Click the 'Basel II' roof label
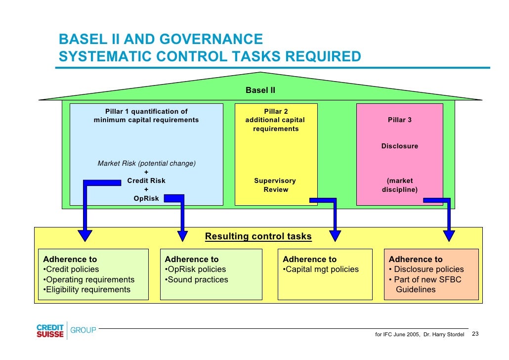coord(260,90)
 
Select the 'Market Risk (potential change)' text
coord(146,164)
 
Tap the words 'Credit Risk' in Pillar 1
coord(146,181)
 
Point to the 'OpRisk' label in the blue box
coord(146,199)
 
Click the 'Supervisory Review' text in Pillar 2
coord(275,185)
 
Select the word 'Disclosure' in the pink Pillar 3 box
coord(399,146)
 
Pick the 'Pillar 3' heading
coord(399,120)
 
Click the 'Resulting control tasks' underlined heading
coord(258,236)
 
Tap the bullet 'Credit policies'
coord(72,270)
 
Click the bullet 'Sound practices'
coord(197,280)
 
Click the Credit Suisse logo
coord(50,331)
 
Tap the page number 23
coord(475,334)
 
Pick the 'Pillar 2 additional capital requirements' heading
coord(275,120)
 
